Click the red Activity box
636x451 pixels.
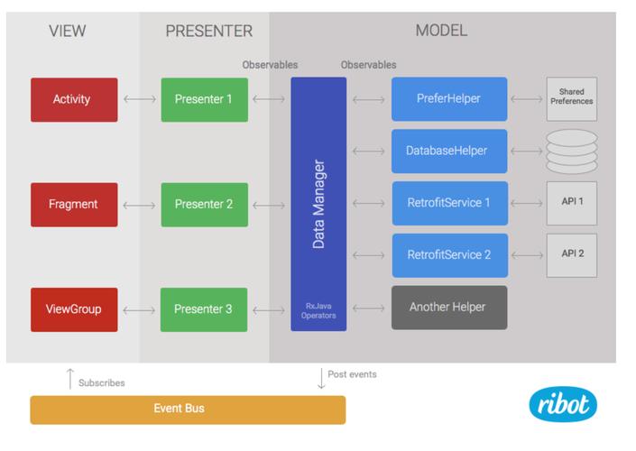point(74,99)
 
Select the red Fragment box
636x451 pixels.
point(74,205)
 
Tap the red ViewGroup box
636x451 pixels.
point(74,309)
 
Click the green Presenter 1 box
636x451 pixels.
point(204,99)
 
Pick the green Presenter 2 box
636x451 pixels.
point(204,205)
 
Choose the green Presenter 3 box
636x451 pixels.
point(204,309)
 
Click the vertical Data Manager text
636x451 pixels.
point(318,204)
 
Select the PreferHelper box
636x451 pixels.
point(449,99)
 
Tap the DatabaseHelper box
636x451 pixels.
point(449,151)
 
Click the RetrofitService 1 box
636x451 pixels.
point(449,203)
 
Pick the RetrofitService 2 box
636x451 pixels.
point(449,255)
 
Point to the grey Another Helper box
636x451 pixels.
point(449,308)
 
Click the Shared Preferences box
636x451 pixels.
point(572,98)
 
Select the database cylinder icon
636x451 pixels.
point(572,150)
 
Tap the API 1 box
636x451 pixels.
point(572,203)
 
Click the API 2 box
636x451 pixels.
point(572,255)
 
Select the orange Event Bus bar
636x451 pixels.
point(188,409)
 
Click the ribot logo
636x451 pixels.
point(563,404)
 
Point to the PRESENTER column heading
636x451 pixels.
point(208,32)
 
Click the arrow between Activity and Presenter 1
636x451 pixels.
point(139,99)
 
